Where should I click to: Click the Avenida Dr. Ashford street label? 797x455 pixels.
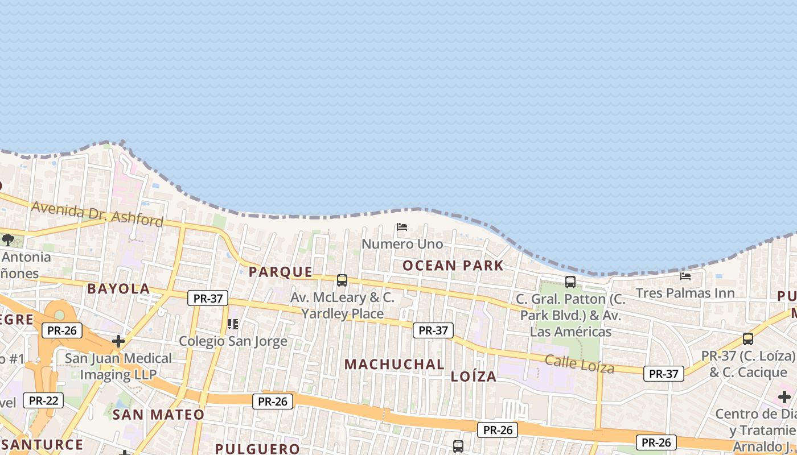(x=97, y=213)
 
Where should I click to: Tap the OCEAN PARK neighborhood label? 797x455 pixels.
(x=453, y=266)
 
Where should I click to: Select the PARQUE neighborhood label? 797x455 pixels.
(x=281, y=272)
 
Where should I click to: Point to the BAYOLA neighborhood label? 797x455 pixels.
(x=118, y=289)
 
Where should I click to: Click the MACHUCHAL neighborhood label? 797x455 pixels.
(x=395, y=364)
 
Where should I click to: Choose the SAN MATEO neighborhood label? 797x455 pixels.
(x=158, y=415)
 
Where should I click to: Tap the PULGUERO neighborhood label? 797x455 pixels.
(x=257, y=449)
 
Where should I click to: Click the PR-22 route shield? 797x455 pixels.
(x=44, y=400)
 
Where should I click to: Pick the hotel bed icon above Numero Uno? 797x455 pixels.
(x=402, y=227)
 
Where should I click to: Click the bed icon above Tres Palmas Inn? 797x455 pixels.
(x=685, y=276)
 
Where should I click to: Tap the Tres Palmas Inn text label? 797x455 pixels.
(x=685, y=293)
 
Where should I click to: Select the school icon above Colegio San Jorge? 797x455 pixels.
(x=232, y=324)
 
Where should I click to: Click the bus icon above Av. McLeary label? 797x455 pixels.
(x=342, y=280)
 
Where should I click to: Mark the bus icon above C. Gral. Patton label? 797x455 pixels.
(x=570, y=282)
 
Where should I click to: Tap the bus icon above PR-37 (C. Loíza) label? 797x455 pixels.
(x=747, y=339)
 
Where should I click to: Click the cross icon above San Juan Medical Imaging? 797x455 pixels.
(x=118, y=341)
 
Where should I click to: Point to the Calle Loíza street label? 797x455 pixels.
(x=580, y=363)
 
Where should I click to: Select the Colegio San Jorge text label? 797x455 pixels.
(x=233, y=341)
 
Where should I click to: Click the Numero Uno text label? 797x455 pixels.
(x=402, y=244)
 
